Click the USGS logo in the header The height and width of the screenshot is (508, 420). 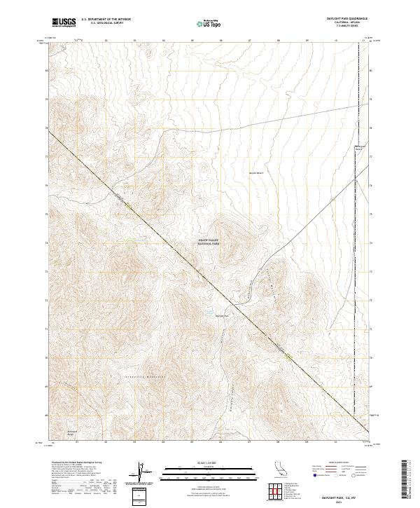[x=64, y=22]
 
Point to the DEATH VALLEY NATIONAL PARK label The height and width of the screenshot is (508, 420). [x=208, y=242]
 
